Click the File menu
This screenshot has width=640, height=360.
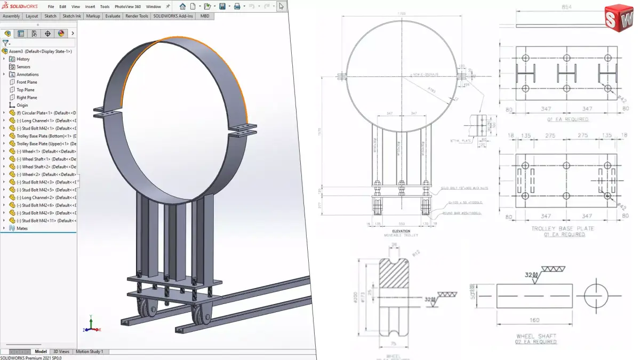pyautogui.click(x=51, y=6)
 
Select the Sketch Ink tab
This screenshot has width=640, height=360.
pyautogui.click(x=72, y=16)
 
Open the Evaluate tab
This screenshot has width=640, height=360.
pyautogui.click(x=113, y=16)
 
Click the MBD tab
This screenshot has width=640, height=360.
pyautogui.click(x=205, y=16)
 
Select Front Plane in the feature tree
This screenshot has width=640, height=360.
pyautogui.click(x=27, y=82)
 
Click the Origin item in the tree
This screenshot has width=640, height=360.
pyautogui.click(x=22, y=105)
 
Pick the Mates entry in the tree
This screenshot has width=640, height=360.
pyautogui.click(x=22, y=228)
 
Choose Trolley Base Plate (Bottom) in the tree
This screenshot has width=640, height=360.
pyautogui.click(x=43, y=136)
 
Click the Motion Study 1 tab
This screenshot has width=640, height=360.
pyautogui.click(x=89, y=351)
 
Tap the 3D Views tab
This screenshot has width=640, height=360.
pyautogui.click(x=61, y=351)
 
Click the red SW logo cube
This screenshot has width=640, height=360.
pyautogui.click(x=618, y=20)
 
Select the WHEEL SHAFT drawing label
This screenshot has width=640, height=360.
pyautogui.click(x=537, y=337)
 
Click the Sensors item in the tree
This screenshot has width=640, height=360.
pyautogui.click(x=23, y=67)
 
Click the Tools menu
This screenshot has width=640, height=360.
pyautogui.click(x=105, y=6)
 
